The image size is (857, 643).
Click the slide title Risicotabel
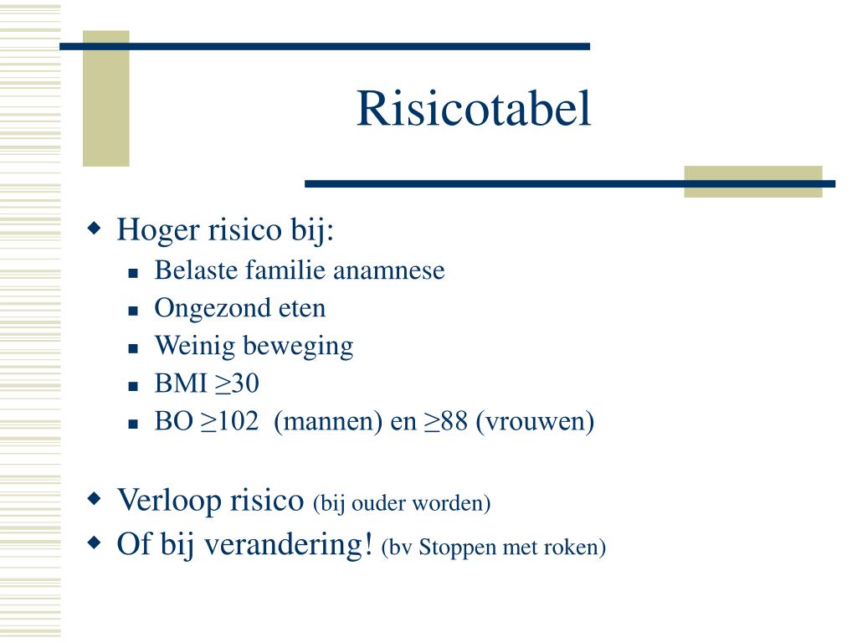coord(474,109)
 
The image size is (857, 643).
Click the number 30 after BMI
coord(245,384)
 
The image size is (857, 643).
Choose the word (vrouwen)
coord(536,422)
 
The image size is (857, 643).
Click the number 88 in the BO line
coord(454,422)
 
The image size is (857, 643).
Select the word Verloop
coord(168,501)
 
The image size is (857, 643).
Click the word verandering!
coord(290,545)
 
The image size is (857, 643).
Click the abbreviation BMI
coord(173,384)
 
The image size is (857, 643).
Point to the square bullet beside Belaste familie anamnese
coord(133,272)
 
